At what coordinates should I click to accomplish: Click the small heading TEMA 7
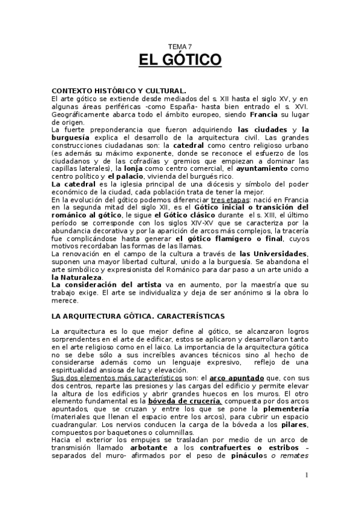click(x=180, y=46)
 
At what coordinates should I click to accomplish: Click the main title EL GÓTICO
click(x=180, y=60)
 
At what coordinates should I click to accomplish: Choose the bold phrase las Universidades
click(x=273, y=254)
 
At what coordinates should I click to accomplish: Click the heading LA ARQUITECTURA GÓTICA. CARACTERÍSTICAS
click(x=138, y=316)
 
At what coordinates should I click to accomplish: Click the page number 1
click(x=306, y=476)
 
